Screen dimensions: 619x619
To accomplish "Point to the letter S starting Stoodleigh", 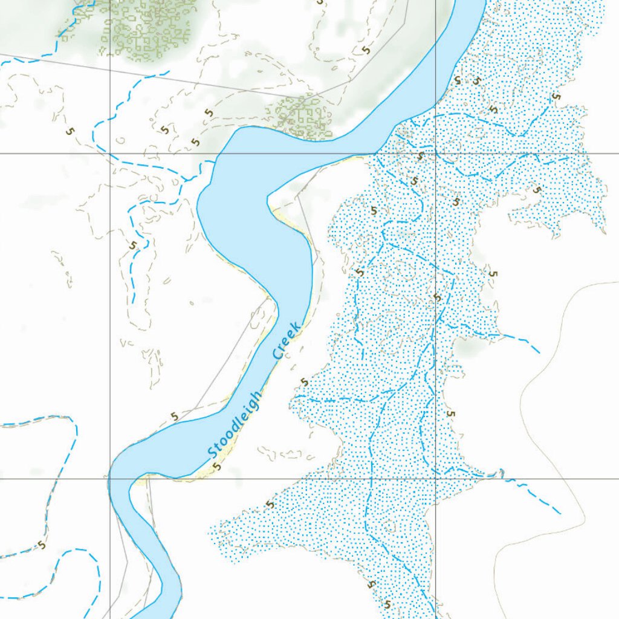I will pyautogui.click(x=212, y=452).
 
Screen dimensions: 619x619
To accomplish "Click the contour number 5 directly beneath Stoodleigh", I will pyautogui.click(x=217, y=466).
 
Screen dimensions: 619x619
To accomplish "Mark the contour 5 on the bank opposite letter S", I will pyautogui.click(x=175, y=416).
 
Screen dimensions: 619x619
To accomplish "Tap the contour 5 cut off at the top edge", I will pyautogui.click(x=320, y=2).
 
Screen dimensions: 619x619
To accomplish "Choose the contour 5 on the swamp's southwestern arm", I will pyautogui.click(x=270, y=504).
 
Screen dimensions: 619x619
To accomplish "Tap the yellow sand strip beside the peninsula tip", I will pyautogui.click(x=280, y=213).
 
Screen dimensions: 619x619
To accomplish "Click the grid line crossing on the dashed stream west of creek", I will pyautogui.click(x=109, y=154).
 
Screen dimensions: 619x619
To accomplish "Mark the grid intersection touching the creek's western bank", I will pyautogui.click(x=109, y=478).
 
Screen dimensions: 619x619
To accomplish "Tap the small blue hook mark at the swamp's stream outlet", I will pyautogui.click(x=499, y=472).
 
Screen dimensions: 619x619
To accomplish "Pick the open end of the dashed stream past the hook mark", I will pyautogui.click(x=560, y=514).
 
